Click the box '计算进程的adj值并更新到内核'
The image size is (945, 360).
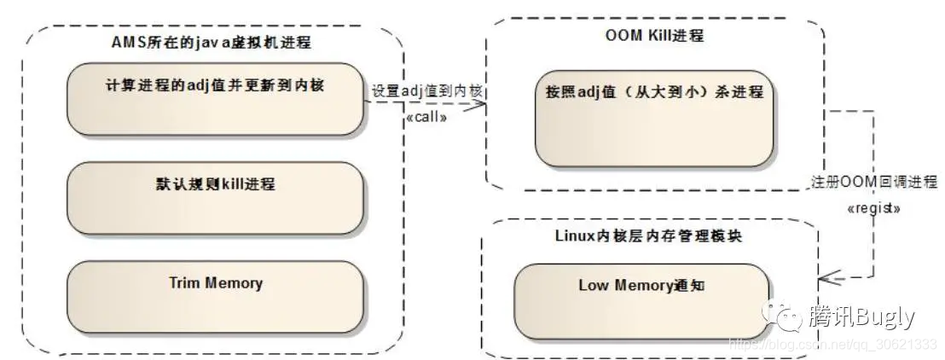pos(215,99)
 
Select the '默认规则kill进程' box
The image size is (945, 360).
pos(215,198)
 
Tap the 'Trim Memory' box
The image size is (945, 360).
pos(215,296)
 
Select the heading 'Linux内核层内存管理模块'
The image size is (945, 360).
pos(648,235)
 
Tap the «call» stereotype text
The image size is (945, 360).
pos(426,117)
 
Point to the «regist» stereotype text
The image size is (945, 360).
pos(873,207)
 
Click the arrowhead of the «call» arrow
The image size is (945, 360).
pos(479,104)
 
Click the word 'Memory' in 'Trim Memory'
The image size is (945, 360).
pos(234,282)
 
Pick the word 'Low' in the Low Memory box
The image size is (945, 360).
pos(593,286)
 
